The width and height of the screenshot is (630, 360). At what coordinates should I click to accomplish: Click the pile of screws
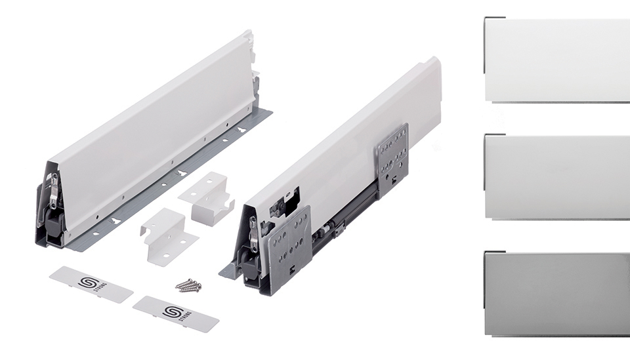pyautogui.click(x=188, y=285)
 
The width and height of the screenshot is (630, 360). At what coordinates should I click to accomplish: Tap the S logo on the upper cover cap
pyautogui.click(x=87, y=282)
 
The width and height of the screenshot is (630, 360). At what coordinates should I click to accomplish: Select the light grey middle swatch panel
pyautogui.click(x=556, y=176)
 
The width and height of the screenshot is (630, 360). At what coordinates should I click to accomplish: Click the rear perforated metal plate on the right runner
pyautogui.click(x=392, y=161)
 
